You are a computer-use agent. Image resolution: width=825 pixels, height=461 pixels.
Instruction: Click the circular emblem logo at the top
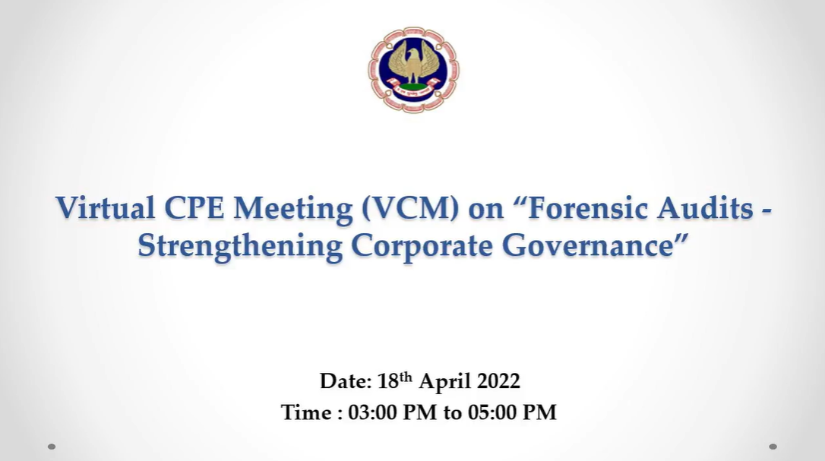[x=413, y=69]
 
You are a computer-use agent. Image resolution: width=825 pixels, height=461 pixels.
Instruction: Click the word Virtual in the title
[x=106, y=207]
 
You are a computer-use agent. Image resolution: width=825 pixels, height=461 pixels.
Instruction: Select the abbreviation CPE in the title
[x=194, y=207]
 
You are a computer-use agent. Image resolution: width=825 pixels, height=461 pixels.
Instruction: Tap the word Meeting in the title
[x=293, y=209]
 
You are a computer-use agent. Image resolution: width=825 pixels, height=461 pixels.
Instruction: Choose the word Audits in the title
[x=706, y=207]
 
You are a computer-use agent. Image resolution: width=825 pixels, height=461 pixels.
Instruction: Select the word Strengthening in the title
[x=240, y=246]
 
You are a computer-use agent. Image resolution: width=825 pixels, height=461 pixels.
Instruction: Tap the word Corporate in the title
[x=422, y=246]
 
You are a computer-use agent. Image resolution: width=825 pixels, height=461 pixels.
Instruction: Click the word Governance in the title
[x=587, y=245]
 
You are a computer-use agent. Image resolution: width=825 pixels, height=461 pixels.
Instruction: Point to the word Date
[x=346, y=381]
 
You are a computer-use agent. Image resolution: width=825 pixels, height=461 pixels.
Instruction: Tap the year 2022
[x=498, y=381]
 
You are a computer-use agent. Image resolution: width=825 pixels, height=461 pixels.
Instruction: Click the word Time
[x=306, y=412]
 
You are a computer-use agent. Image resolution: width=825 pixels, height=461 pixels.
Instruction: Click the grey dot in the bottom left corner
[x=52, y=447]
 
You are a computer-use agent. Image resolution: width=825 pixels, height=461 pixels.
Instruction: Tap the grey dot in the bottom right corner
[x=773, y=447]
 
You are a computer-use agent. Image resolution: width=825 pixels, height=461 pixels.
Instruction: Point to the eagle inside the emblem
[x=413, y=63]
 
